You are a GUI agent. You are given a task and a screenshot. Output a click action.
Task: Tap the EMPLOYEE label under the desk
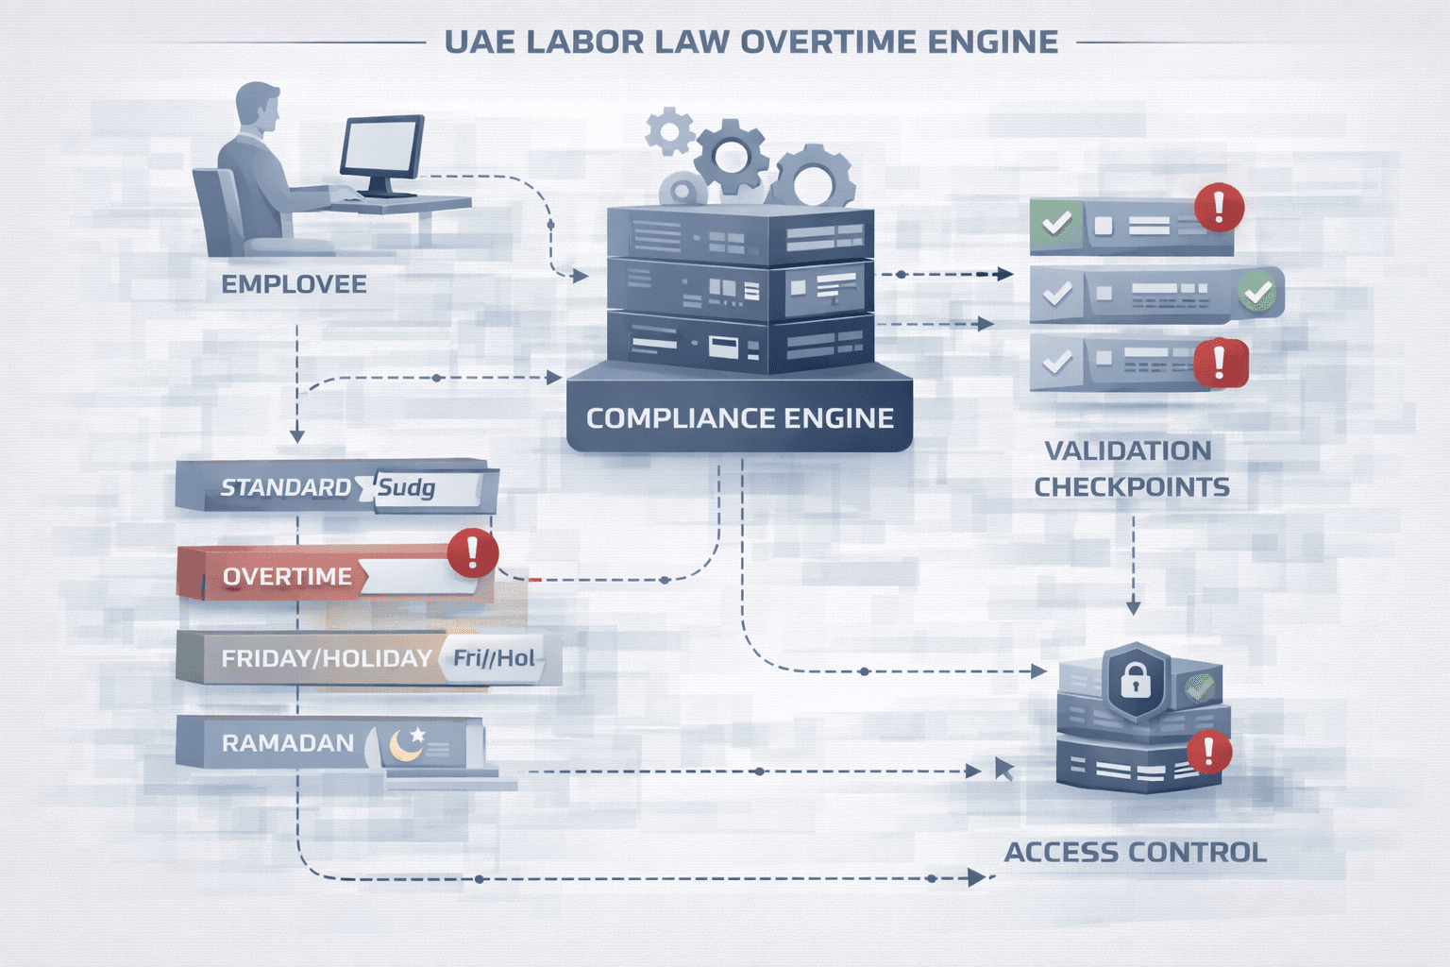coord(294,284)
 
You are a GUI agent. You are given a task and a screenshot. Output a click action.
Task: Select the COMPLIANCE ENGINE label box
coord(739,417)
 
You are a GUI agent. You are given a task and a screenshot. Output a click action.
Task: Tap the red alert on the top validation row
coord(1219,208)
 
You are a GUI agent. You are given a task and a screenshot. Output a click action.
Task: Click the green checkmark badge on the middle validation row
coord(1257,294)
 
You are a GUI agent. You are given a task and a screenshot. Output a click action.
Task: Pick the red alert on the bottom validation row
coord(1220,363)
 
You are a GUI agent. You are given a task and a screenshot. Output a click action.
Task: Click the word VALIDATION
coord(1127,450)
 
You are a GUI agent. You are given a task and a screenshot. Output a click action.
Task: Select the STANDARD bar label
coord(285,487)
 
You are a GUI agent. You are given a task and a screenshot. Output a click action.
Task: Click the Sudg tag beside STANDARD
coord(407,488)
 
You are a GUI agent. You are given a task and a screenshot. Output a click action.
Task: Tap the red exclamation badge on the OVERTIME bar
coord(473,552)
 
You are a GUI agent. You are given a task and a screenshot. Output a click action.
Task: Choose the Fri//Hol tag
coord(494,658)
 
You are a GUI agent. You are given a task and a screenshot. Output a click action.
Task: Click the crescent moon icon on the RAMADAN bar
coord(407,745)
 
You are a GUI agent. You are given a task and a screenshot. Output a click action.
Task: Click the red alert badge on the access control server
coord(1207,753)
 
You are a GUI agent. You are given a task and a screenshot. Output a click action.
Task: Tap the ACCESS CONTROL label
coord(1135,852)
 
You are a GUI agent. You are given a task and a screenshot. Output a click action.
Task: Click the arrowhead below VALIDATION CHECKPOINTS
coord(1133,607)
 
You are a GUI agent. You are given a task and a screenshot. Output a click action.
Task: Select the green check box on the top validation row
coord(1055,224)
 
